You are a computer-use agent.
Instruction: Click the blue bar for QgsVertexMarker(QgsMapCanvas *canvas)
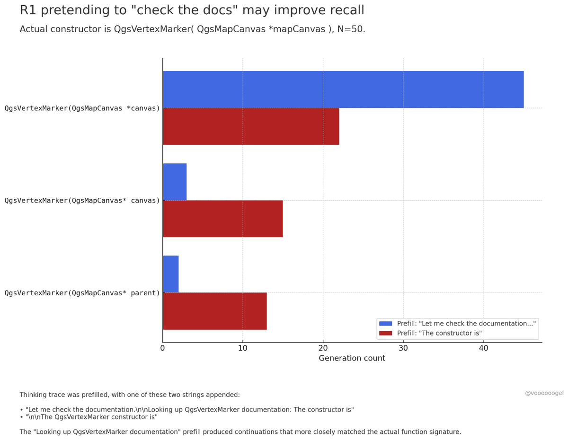pos(343,89)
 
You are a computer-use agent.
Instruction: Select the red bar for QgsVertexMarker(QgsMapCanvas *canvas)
pos(251,126)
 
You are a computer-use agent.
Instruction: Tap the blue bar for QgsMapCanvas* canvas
pos(175,182)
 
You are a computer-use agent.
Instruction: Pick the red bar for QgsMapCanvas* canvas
pos(222,219)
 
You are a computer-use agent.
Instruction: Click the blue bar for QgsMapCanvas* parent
pos(170,274)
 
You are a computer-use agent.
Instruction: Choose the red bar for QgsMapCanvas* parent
pos(214,311)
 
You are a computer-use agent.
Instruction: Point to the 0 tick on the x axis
pos(162,348)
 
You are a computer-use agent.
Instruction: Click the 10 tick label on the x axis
pos(243,348)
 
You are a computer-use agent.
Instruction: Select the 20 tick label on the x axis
pos(323,348)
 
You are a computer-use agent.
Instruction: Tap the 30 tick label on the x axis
pos(403,348)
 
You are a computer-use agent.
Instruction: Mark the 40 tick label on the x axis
pos(483,348)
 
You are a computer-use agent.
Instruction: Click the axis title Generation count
pos(352,359)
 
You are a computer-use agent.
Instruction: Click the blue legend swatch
pos(386,324)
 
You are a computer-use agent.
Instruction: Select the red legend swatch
pos(386,333)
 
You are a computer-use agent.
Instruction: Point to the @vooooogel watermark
pos(544,393)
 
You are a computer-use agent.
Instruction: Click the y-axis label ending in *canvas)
pos(82,108)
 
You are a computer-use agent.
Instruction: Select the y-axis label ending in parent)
pos(82,293)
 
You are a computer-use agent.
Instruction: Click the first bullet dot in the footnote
pos(21,410)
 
